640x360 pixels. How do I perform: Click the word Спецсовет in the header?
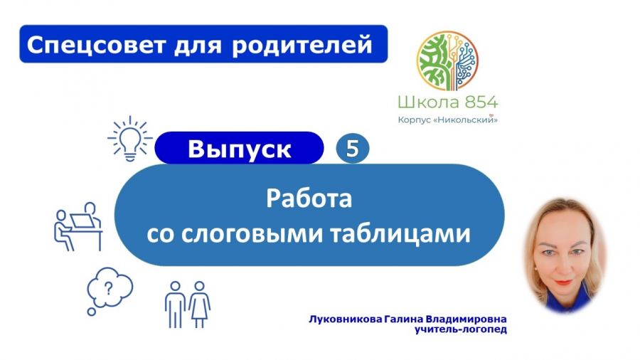point(96,45)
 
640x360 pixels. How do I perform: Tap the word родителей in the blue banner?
point(302,46)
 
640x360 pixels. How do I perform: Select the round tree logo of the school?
point(447,60)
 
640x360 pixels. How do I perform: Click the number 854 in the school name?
point(481,102)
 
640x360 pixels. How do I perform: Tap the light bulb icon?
point(130,138)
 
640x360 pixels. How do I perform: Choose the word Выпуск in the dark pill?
point(240,149)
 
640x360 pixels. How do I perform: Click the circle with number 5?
point(353,148)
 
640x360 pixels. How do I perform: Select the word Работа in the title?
point(309,198)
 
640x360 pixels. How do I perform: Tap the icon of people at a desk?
point(78,226)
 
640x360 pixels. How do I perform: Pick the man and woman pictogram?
point(187,305)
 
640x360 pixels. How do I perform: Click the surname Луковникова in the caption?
point(346,319)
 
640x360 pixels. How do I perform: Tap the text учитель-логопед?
point(461,329)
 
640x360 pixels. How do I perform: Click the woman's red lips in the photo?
point(564,282)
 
